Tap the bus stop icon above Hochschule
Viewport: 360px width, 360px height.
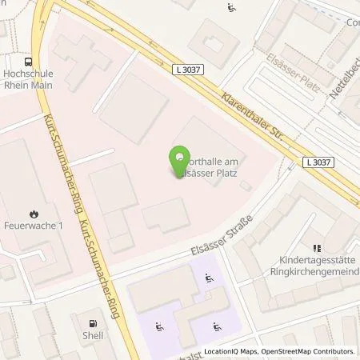[x=29, y=62]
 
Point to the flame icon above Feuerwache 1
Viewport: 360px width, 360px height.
[x=33, y=214]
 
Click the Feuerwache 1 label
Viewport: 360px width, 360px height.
[x=32, y=227]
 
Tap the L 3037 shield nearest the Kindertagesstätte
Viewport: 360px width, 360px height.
[x=318, y=162]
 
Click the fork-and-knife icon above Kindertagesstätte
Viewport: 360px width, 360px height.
[x=316, y=249]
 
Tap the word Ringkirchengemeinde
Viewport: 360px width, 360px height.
[x=317, y=271]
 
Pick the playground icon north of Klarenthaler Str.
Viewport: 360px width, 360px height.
[x=231, y=9]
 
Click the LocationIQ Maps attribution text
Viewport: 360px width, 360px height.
[x=229, y=351]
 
